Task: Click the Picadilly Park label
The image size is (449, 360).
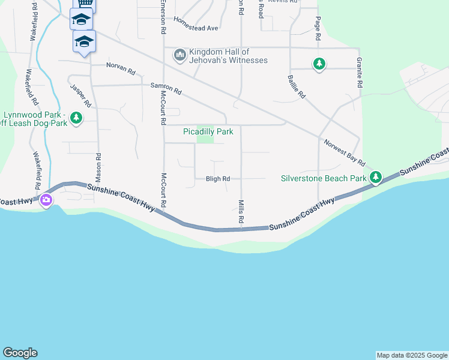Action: click(x=208, y=131)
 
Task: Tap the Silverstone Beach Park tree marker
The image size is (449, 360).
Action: click(x=376, y=177)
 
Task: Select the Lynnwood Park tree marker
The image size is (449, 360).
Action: click(x=76, y=119)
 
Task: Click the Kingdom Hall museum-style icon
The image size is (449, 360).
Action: click(x=179, y=56)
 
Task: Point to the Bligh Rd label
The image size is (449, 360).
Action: click(x=218, y=179)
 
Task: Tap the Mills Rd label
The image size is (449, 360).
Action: click(x=241, y=212)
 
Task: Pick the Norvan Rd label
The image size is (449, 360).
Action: click(x=121, y=68)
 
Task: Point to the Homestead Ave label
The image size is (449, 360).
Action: click(x=196, y=23)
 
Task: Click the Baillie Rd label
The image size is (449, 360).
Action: click(x=297, y=86)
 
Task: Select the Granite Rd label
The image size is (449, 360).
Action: click(x=359, y=74)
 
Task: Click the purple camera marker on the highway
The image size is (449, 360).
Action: click(x=46, y=200)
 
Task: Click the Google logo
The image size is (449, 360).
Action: click(x=20, y=353)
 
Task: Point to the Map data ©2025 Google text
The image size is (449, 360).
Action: click(x=412, y=355)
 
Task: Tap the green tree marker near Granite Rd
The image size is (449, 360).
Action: click(x=319, y=64)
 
